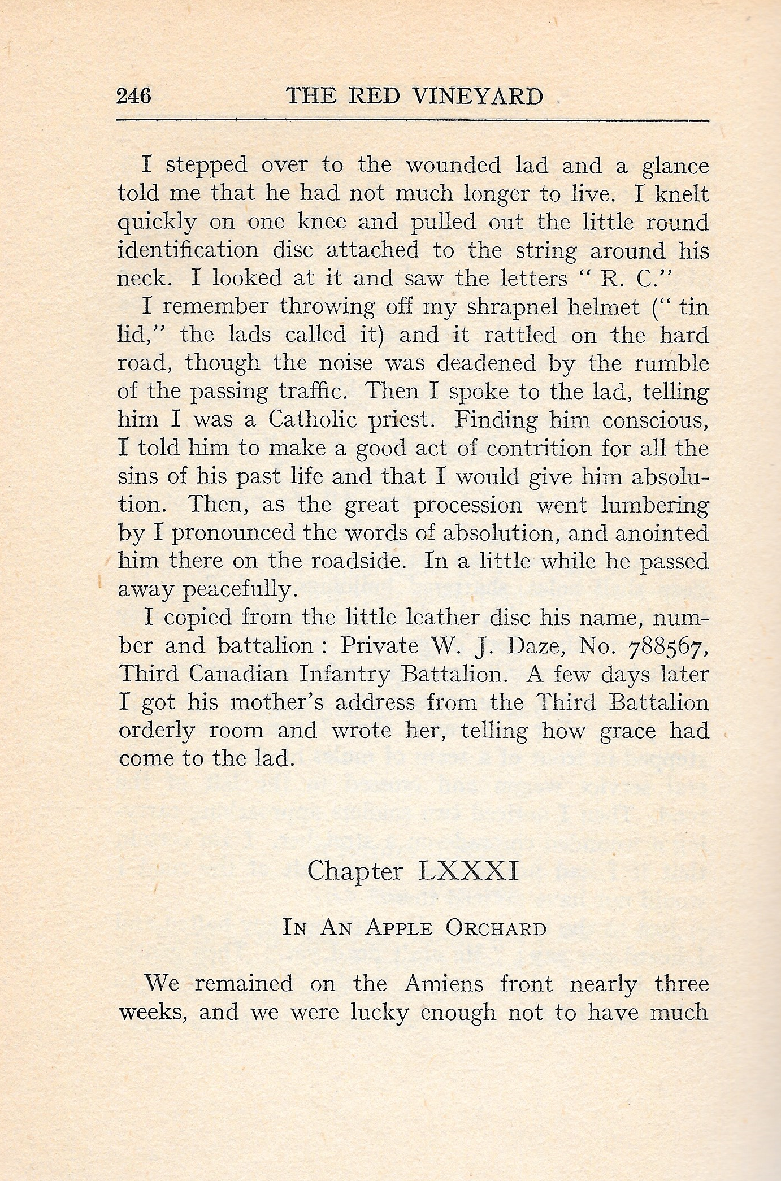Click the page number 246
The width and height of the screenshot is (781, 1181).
(x=134, y=96)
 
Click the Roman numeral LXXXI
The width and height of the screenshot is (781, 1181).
(x=468, y=871)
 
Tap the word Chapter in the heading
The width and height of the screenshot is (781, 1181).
(x=355, y=871)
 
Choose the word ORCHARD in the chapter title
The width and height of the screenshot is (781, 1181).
(x=496, y=928)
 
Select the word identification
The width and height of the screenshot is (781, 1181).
(x=188, y=250)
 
